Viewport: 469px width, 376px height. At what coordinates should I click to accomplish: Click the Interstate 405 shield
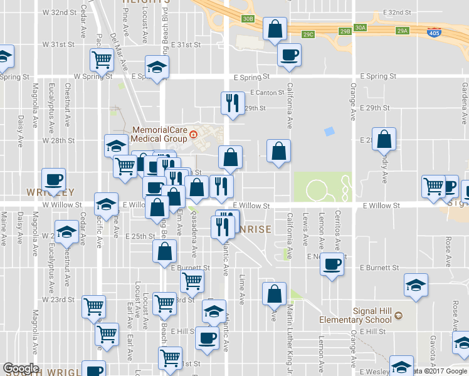tap(433, 31)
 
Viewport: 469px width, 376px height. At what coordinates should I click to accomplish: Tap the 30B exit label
tap(248, 19)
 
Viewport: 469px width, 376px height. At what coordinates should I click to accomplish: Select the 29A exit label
tap(402, 30)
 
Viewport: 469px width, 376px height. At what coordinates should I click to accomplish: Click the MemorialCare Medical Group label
tap(159, 134)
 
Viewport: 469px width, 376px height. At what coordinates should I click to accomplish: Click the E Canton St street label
tap(267, 93)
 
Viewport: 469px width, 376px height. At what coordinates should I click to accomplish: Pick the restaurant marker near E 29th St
tap(233, 103)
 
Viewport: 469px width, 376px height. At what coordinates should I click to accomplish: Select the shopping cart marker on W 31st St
tap(101, 60)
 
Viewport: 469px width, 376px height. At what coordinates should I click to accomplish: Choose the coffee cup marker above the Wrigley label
tap(53, 180)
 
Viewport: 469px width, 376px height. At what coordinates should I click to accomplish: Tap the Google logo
tap(21, 368)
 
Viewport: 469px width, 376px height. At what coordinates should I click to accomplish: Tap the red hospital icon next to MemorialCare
tap(194, 134)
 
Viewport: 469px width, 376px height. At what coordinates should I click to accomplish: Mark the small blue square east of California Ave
tap(329, 132)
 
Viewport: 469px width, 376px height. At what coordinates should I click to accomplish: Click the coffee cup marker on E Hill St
tap(206, 338)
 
